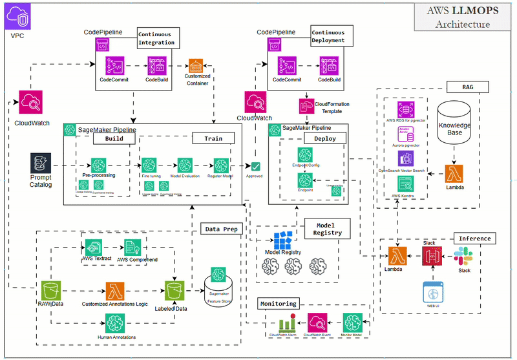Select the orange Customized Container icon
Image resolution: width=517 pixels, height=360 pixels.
tap(196, 66)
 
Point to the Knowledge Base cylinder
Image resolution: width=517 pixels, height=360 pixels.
tap(455, 125)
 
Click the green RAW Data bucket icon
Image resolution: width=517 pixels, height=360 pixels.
tap(51, 290)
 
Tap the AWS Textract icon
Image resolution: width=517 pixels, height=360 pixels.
tap(92, 248)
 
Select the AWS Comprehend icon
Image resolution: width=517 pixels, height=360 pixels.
tap(133, 248)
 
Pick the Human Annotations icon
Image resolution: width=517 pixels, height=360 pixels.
tap(115, 323)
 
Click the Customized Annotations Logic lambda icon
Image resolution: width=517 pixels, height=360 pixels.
tap(115, 290)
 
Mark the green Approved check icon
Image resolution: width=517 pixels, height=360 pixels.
tap(256, 167)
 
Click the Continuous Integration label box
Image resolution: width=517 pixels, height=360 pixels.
tap(157, 37)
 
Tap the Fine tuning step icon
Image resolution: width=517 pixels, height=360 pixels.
tap(151, 165)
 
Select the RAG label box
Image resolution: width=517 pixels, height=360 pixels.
tap(467, 87)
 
